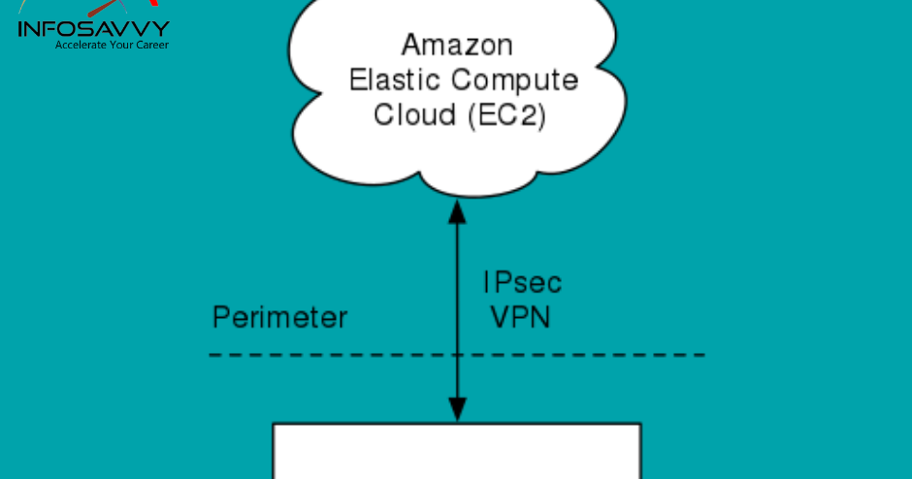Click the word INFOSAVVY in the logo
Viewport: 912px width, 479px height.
tap(93, 29)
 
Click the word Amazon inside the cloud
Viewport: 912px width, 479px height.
tap(457, 45)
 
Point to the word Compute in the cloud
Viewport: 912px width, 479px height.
tap(522, 80)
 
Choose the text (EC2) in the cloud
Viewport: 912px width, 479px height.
tap(505, 115)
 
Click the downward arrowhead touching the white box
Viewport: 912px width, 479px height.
tap(457, 412)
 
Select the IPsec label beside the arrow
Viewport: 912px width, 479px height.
tap(522, 283)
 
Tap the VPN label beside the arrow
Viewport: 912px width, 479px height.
tap(520, 317)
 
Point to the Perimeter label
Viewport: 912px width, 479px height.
tap(279, 318)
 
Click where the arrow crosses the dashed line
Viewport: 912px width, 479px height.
tap(457, 355)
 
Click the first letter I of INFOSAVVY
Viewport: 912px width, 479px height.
tap(21, 29)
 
